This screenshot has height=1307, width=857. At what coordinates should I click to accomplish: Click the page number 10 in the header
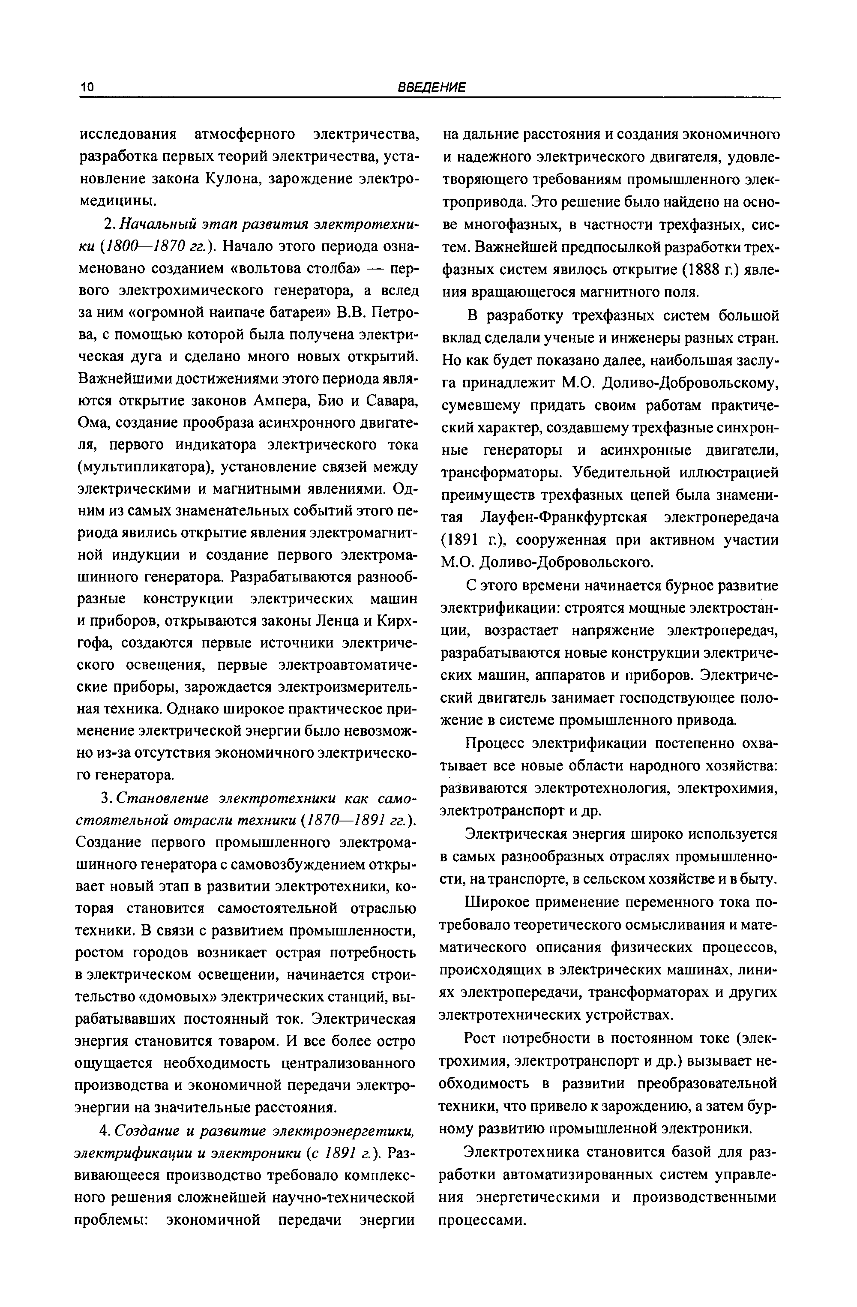pos(88,87)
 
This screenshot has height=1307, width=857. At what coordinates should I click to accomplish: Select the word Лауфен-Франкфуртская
pos(564,517)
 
